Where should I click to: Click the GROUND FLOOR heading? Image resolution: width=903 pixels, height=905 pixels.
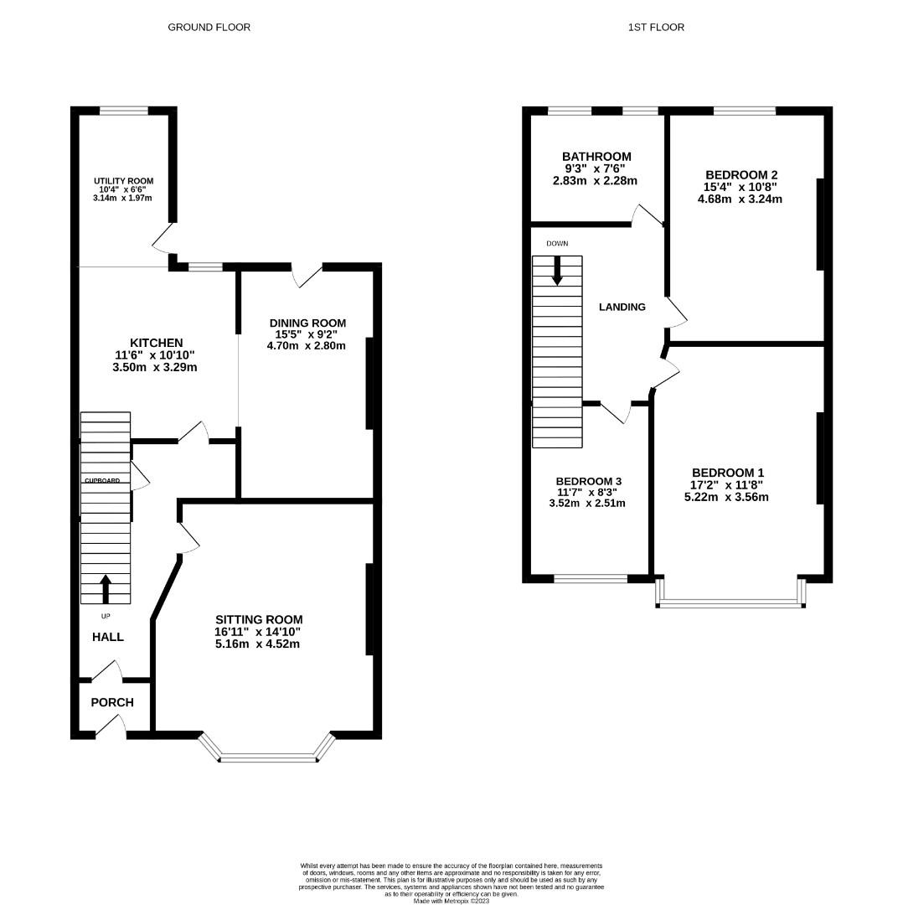(209, 28)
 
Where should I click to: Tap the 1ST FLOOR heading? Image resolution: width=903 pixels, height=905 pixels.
(656, 28)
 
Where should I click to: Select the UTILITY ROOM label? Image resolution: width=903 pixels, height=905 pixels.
(123, 181)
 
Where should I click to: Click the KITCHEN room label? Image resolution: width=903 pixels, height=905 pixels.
(156, 343)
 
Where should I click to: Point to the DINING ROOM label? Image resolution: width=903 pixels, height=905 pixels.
(307, 323)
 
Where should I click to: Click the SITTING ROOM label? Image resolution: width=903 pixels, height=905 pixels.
(257, 619)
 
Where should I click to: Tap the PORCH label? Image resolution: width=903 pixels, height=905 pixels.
(112, 702)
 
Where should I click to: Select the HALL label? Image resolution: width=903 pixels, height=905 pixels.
(108, 637)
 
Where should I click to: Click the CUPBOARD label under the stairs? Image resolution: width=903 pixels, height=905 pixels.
(101, 481)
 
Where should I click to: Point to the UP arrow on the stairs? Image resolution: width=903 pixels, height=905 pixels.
(106, 588)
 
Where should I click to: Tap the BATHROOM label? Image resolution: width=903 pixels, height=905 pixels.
(596, 157)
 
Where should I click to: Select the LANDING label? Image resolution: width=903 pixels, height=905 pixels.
(622, 307)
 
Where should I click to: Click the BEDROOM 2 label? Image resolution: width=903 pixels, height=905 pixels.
(743, 174)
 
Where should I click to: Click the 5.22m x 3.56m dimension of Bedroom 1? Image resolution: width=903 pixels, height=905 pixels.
(726, 497)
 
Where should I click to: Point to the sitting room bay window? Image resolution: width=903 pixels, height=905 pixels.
(268, 758)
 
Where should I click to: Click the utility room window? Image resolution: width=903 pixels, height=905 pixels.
(124, 110)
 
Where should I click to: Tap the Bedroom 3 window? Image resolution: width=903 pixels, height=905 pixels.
(591, 577)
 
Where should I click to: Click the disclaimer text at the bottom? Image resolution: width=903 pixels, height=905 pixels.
(451, 880)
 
